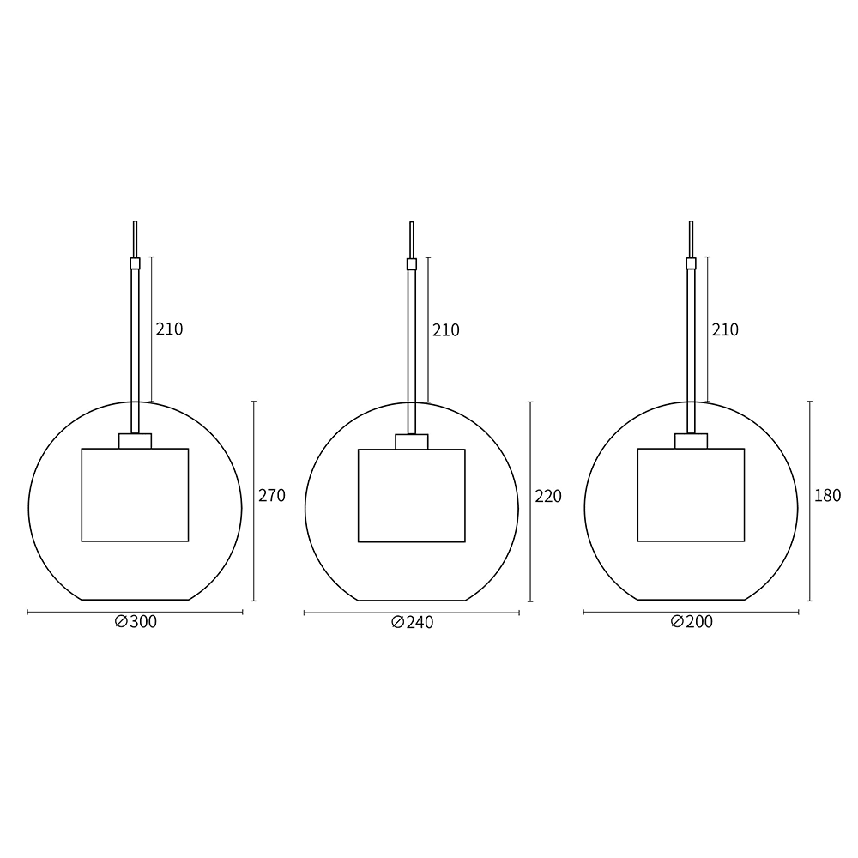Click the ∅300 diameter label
pyautogui.click(x=136, y=621)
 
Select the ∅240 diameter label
pyautogui.click(x=413, y=622)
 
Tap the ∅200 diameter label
pyautogui.click(x=692, y=621)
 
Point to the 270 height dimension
pyautogui.click(x=272, y=495)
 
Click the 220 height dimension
pyautogui.click(x=548, y=496)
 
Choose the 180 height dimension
pyautogui.click(x=827, y=495)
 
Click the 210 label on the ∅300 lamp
pyautogui.click(x=169, y=329)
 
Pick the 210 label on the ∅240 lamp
pyautogui.click(x=446, y=330)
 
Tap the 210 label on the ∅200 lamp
pyautogui.click(x=725, y=329)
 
